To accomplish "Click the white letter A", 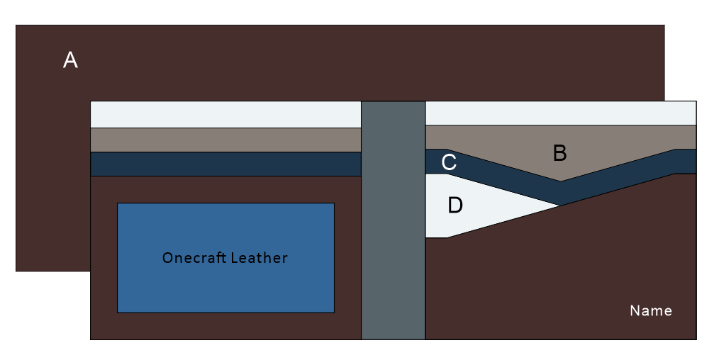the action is pyautogui.click(x=70, y=60).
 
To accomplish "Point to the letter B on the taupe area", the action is pyautogui.click(x=560, y=153).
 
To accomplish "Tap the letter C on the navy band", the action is pyautogui.click(x=449, y=162).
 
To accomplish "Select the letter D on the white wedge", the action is pyautogui.click(x=455, y=206).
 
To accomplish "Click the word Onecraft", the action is pyautogui.click(x=194, y=258).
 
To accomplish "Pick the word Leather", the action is pyautogui.click(x=259, y=258).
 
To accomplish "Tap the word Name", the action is pyautogui.click(x=651, y=311).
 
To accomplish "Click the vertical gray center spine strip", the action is pyautogui.click(x=394, y=220).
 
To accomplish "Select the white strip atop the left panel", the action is pyautogui.click(x=226, y=115).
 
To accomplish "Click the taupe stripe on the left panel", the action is pyautogui.click(x=226, y=140).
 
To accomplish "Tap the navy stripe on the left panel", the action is pyautogui.click(x=226, y=164).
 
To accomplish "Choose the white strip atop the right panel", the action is pyautogui.click(x=561, y=113).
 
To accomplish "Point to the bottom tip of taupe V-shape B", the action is pyautogui.click(x=560, y=181).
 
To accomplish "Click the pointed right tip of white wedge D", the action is pyautogui.click(x=560, y=206).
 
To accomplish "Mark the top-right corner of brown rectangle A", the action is pyautogui.click(x=664, y=26).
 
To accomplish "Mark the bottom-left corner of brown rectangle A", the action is pyautogui.click(x=16, y=271).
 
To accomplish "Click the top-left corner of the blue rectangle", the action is pyautogui.click(x=118, y=203).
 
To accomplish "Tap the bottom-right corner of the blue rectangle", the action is pyautogui.click(x=334, y=313).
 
